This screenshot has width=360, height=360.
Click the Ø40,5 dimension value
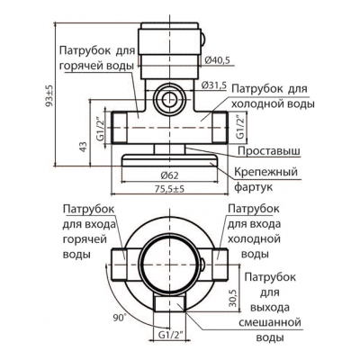pos(218,60)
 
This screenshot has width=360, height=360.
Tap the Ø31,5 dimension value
pos(213,85)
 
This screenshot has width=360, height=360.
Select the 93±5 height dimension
pos(49,95)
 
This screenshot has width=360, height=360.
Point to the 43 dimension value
pos(84,147)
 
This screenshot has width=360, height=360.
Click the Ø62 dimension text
pos(169,175)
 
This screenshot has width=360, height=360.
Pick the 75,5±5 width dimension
pos(169,189)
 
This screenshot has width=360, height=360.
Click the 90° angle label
pos(119,318)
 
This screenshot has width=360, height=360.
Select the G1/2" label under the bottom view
pos(170,335)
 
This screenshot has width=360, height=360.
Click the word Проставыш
pos(269,151)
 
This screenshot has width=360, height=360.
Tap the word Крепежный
pos(265,172)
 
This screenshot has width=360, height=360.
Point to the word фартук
pos(253,187)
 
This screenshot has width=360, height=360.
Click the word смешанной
pos(270,323)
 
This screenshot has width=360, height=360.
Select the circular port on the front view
pos(169,99)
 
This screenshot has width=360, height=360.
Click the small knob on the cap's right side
pos(203,38)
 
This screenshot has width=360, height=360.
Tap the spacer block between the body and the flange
pos(169,148)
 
